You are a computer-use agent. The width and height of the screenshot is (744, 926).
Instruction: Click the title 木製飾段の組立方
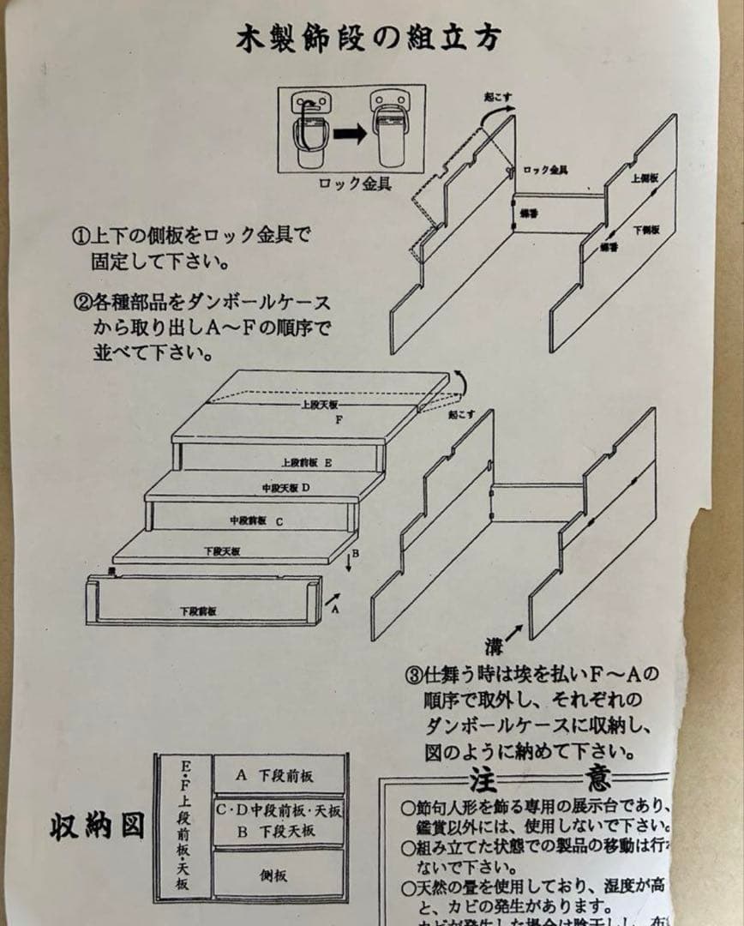[369, 39]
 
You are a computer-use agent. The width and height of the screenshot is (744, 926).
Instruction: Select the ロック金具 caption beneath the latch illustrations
[355, 183]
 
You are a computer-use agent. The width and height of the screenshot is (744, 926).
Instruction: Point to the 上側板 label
[645, 178]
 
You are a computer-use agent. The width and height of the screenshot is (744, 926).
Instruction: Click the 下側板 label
[646, 230]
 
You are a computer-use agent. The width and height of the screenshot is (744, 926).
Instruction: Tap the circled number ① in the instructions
[80, 234]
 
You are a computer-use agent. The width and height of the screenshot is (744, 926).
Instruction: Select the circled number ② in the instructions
[80, 303]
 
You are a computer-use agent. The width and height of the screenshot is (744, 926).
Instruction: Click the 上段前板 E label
[306, 462]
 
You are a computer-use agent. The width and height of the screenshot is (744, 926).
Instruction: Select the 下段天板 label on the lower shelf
[222, 550]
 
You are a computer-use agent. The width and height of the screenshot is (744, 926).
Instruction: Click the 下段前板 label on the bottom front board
[198, 610]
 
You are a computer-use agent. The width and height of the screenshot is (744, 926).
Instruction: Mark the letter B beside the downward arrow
[355, 554]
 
